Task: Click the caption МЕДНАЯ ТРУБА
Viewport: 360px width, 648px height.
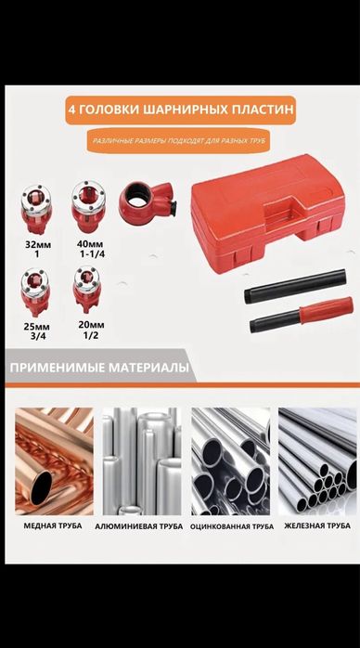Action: coord(51,526)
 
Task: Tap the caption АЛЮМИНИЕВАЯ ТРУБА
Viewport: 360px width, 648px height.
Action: coord(138,526)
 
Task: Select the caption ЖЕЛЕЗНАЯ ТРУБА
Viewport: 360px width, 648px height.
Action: coord(316,526)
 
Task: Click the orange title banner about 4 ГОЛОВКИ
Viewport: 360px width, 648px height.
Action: coord(181,110)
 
